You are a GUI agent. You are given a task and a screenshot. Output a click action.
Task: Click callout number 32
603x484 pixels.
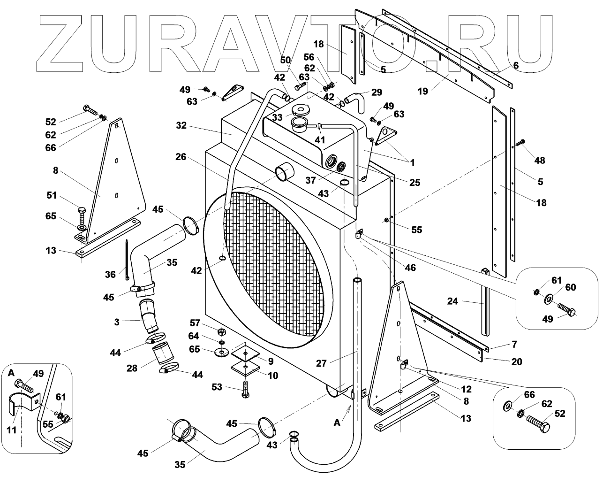[x=182, y=125]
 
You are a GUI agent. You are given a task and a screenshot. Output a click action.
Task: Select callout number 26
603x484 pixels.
[x=181, y=157]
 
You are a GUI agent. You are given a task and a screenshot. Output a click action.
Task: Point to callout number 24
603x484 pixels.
[x=452, y=302]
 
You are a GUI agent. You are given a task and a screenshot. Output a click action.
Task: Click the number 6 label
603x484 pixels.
[x=516, y=66]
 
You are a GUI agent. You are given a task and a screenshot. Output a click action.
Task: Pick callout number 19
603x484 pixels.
[x=423, y=91]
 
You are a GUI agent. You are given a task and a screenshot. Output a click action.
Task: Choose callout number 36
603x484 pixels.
[x=110, y=275]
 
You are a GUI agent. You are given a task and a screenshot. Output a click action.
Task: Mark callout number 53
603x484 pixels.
[x=217, y=387]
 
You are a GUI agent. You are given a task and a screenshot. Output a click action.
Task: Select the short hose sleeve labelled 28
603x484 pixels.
[x=160, y=355]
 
